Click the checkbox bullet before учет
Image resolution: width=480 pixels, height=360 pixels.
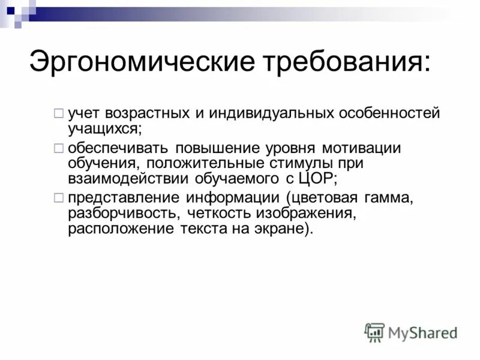(58, 112)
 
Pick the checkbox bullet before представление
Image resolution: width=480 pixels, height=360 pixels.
(58, 197)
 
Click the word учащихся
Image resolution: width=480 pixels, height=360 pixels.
(104, 127)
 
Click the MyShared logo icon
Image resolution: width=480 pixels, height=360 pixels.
(374, 332)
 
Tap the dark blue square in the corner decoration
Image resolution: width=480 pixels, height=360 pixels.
(10, 10)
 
